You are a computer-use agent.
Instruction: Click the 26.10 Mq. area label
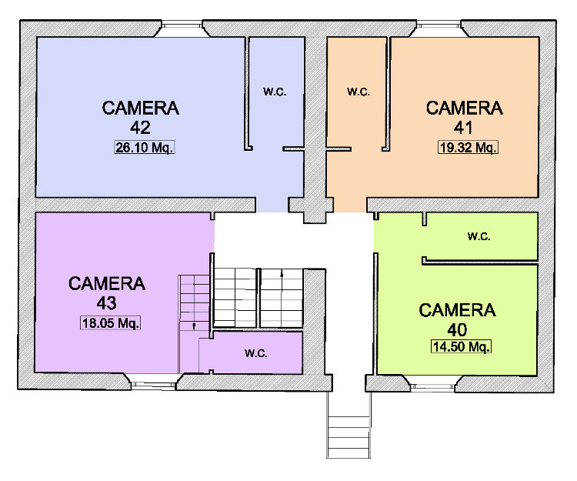(144, 147)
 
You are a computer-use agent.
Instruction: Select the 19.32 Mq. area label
(468, 147)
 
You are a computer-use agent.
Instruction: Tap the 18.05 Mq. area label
(110, 322)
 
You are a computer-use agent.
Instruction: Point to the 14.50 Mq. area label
(461, 346)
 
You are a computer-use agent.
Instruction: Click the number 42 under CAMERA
(140, 128)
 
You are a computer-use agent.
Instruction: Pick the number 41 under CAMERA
(463, 128)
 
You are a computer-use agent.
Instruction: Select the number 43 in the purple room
(107, 303)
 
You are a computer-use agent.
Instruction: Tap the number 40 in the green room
(457, 329)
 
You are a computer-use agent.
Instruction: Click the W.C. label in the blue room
(275, 92)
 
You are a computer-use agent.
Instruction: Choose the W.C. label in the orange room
(359, 92)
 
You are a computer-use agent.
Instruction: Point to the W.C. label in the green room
(479, 236)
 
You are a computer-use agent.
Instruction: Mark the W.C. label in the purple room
(255, 353)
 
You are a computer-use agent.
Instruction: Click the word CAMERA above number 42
(140, 109)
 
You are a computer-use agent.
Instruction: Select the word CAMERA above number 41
(465, 109)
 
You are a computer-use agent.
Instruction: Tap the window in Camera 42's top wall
(182, 25)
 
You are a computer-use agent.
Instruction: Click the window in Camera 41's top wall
(439, 25)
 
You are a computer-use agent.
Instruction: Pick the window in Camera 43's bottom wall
(153, 385)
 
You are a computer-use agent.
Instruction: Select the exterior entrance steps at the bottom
(349, 425)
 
